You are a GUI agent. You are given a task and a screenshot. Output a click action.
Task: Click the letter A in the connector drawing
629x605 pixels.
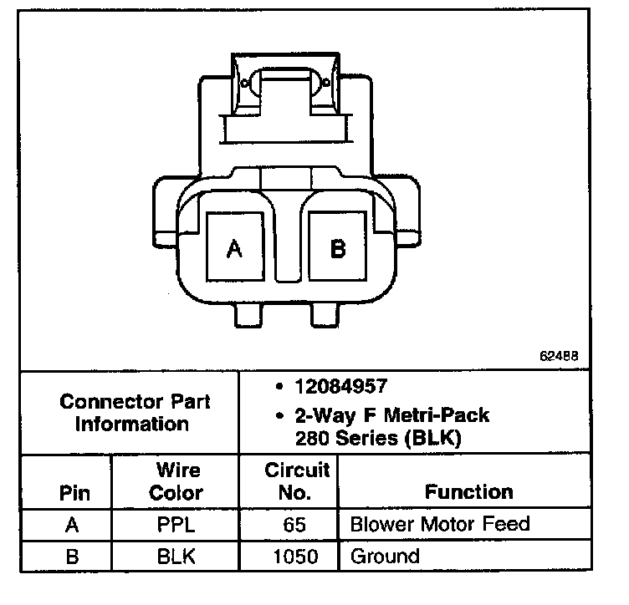[x=235, y=249]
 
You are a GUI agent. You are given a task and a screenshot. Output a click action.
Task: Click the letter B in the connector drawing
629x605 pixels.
[x=338, y=248]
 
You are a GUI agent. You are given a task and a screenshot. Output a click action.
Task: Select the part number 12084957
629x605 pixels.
[x=338, y=386]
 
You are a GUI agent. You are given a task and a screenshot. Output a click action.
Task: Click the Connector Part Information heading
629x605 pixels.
[x=135, y=412]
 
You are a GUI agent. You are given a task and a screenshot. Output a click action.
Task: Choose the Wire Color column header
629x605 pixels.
[x=176, y=481]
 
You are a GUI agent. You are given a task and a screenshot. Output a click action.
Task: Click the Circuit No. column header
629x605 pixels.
[x=296, y=481]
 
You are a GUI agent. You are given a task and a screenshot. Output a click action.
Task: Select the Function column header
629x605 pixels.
[x=468, y=492]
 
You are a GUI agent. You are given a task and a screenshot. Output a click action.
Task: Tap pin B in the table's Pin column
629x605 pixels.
[x=72, y=556]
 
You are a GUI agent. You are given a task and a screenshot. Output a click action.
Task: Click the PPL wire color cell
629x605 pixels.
[x=176, y=526]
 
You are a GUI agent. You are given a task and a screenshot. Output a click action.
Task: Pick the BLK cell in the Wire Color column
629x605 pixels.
[x=176, y=556]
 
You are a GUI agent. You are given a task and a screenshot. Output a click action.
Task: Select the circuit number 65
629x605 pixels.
[x=296, y=526]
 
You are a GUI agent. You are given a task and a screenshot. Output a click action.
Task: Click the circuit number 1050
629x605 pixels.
[x=296, y=556]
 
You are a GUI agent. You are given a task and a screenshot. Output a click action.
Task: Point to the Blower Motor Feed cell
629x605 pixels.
[x=439, y=525]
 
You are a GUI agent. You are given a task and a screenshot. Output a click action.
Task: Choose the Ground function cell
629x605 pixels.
[x=385, y=556]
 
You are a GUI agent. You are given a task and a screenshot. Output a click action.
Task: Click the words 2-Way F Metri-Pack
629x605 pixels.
[x=392, y=415]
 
